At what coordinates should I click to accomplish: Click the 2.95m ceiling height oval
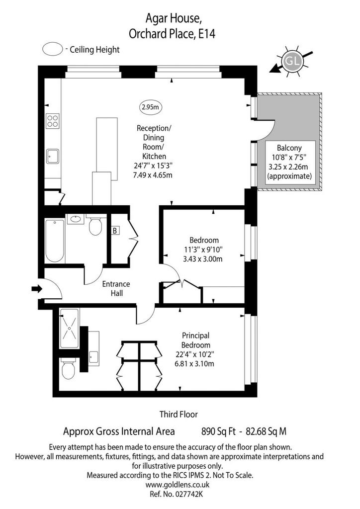[151, 107]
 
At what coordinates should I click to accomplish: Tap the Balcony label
[289, 148]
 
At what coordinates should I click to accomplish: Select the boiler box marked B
[115, 231]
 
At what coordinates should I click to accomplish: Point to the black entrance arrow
[37, 288]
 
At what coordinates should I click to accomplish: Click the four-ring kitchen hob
[53, 121]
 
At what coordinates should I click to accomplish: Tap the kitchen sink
[53, 156]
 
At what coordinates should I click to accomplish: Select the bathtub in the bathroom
[55, 241]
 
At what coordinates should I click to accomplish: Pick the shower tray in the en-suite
[69, 328]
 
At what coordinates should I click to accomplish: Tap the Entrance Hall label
[116, 289]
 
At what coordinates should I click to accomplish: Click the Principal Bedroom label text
[195, 340]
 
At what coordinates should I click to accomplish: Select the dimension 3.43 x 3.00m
[203, 259]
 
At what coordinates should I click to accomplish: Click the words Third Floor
[179, 414]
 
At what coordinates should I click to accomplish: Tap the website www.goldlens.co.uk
[177, 485]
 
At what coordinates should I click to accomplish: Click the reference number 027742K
[189, 495]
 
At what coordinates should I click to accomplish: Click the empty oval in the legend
[53, 49]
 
